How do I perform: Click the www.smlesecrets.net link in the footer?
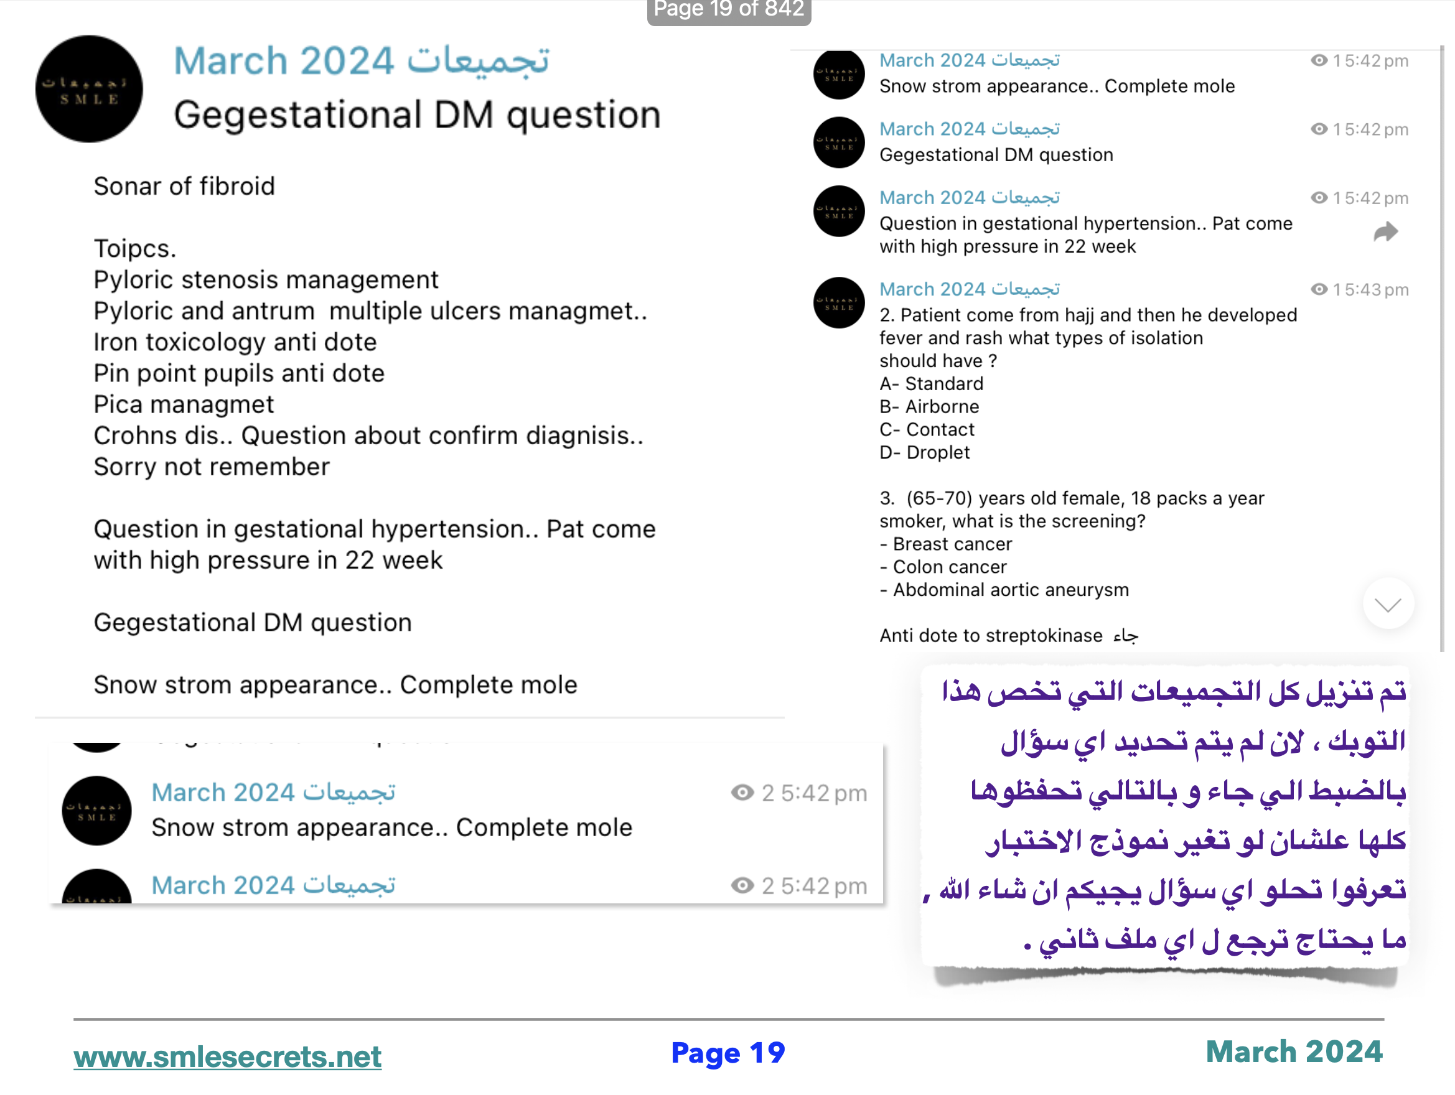(227, 1057)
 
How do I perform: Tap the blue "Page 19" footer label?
(727, 1053)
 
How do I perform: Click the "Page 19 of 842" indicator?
(728, 9)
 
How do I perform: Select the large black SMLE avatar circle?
(89, 89)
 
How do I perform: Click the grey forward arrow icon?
(1385, 231)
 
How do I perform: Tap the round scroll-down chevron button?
(1388, 603)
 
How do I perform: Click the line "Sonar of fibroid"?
(184, 186)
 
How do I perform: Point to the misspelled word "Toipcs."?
(135, 249)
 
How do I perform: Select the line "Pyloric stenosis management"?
(266, 279)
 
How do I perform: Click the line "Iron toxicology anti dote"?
(235, 342)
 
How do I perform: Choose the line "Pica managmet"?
(184, 404)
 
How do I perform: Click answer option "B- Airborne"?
(929, 406)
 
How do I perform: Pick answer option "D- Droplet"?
(924, 452)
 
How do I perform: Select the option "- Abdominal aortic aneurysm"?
(1004, 590)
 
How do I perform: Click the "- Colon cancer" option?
(943, 567)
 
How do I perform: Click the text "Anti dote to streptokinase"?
(991, 635)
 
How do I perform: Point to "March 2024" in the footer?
(1294, 1051)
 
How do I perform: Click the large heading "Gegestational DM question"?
(417, 115)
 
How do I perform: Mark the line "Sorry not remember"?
(211, 466)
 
